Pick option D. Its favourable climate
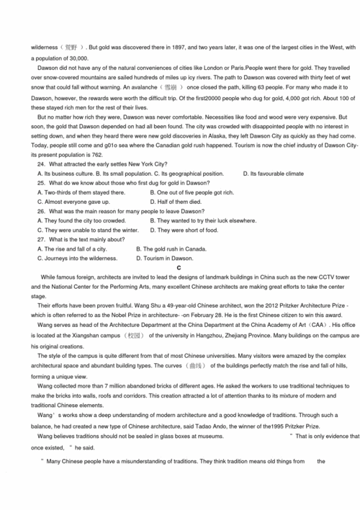(274, 174)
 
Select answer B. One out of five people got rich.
(192, 192)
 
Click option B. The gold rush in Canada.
(171, 249)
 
